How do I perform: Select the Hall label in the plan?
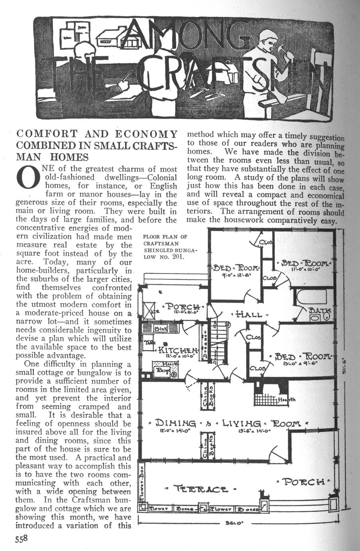(249, 314)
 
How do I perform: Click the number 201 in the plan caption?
(176, 257)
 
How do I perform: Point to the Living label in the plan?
(243, 423)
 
